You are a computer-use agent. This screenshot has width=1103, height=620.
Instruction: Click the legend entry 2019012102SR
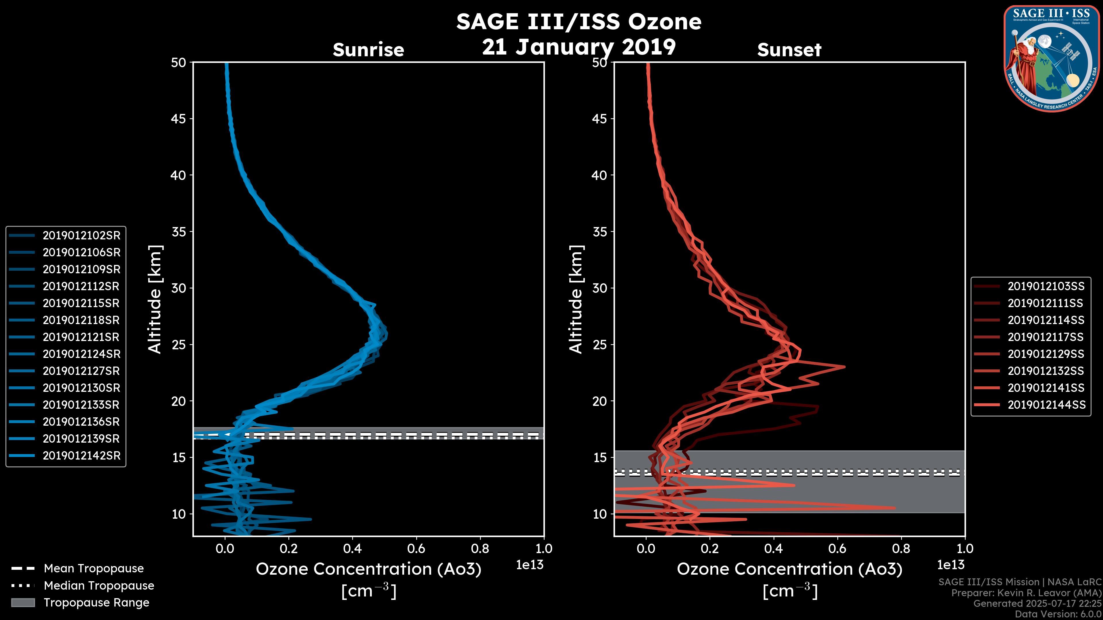(81, 235)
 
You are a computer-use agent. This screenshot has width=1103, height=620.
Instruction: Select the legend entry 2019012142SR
(81, 456)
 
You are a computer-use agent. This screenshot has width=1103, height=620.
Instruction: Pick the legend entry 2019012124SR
(81, 354)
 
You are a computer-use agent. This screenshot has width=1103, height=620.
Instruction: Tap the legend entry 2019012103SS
(1046, 286)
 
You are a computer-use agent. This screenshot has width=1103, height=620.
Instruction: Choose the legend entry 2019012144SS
(1046, 405)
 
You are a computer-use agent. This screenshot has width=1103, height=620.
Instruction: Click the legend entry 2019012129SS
(1046, 354)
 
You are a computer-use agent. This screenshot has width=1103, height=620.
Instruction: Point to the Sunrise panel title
(368, 50)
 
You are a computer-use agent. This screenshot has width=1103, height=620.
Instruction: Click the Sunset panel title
(789, 50)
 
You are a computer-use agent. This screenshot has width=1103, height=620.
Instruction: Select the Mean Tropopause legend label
(94, 568)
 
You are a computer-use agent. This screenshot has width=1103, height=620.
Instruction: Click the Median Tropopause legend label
(99, 585)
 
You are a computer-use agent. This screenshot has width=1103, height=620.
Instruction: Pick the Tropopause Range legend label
(96, 602)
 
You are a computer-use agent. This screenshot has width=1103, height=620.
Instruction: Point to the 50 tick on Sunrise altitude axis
(179, 63)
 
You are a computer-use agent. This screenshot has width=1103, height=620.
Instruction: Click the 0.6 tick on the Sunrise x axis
(416, 548)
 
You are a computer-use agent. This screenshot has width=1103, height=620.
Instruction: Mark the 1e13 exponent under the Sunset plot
(950, 565)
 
